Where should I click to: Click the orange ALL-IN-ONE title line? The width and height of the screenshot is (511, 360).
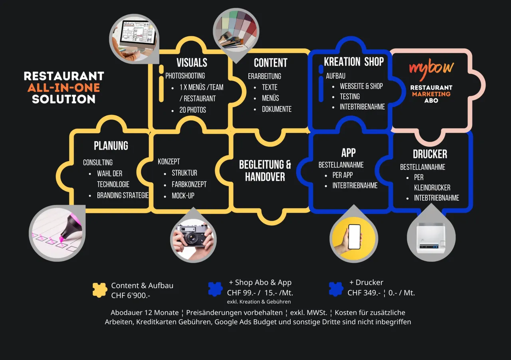(x=63, y=87)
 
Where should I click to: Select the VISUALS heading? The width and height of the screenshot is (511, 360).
(x=192, y=63)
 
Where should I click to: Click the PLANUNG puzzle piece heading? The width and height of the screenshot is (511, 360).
(x=111, y=146)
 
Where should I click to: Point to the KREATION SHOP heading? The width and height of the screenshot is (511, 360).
(x=354, y=61)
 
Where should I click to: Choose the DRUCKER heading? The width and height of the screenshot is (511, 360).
(x=430, y=154)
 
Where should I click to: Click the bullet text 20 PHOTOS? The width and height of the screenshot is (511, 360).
(x=192, y=110)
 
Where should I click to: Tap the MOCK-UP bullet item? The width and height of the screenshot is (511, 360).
(x=183, y=196)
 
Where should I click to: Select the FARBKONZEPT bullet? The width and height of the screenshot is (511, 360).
(x=189, y=184)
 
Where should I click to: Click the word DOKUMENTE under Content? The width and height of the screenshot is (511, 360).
(x=277, y=109)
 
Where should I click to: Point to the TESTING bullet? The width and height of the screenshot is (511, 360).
(x=350, y=97)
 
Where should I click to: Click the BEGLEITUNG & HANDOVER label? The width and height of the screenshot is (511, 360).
(x=265, y=171)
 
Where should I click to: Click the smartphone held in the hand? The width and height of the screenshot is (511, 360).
(x=355, y=237)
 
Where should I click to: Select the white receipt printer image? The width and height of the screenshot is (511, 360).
(x=431, y=238)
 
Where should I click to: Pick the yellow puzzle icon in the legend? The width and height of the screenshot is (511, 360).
(x=100, y=290)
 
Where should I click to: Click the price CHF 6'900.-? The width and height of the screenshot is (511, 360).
(x=131, y=295)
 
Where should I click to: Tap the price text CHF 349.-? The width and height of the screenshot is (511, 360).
(x=364, y=293)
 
